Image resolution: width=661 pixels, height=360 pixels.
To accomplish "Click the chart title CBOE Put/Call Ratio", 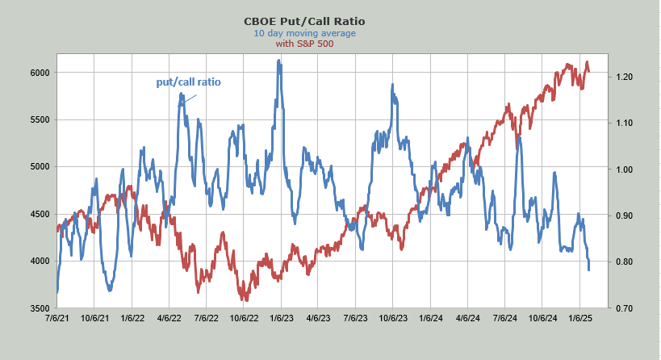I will tap(304, 21).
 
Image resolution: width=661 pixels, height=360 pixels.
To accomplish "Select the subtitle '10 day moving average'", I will tap(304, 33).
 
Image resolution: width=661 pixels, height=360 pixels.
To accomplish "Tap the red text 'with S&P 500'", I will tap(304, 44).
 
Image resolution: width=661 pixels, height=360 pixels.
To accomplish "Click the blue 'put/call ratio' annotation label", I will tap(188, 82).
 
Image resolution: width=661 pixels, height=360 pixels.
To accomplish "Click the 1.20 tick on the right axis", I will tap(621, 77).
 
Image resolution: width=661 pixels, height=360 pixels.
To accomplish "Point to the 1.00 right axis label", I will tap(621, 170).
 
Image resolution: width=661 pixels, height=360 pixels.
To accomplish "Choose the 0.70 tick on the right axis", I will tap(621, 308).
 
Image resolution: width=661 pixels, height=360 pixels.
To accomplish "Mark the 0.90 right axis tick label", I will tap(621, 216).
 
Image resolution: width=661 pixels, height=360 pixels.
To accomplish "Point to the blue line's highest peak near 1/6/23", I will tap(279, 61).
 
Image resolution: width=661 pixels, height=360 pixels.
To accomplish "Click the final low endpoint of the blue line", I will tap(588, 269).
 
